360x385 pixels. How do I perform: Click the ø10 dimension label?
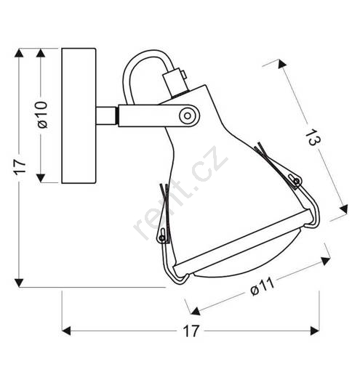click(x=42, y=115)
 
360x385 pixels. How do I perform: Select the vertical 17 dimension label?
click(x=20, y=167)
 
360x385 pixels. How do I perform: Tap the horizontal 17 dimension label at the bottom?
click(x=191, y=331)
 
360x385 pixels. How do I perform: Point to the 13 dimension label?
click(x=313, y=138)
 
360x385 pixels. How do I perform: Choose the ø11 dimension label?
click(x=262, y=286)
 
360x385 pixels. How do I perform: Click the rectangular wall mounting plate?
click(x=79, y=115)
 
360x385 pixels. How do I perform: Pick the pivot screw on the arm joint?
click(x=188, y=115)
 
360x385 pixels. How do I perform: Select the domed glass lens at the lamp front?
click(x=248, y=260)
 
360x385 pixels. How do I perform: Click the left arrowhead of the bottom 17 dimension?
click(x=66, y=331)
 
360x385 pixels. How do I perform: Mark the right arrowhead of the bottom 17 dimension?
click(x=315, y=331)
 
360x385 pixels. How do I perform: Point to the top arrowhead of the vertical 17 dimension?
click(x=19, y=53)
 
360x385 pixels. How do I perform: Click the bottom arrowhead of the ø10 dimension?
click(x=41, y=178)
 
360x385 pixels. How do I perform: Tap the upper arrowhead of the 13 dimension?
click(x=281, y=64)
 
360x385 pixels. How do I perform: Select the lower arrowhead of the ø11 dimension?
click(x=196, y=312)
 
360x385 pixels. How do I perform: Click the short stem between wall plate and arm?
click(x=106, y=115)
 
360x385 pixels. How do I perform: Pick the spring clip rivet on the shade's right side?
click(x=297, y=182)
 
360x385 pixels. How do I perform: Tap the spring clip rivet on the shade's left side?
click(x=161, y=238)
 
